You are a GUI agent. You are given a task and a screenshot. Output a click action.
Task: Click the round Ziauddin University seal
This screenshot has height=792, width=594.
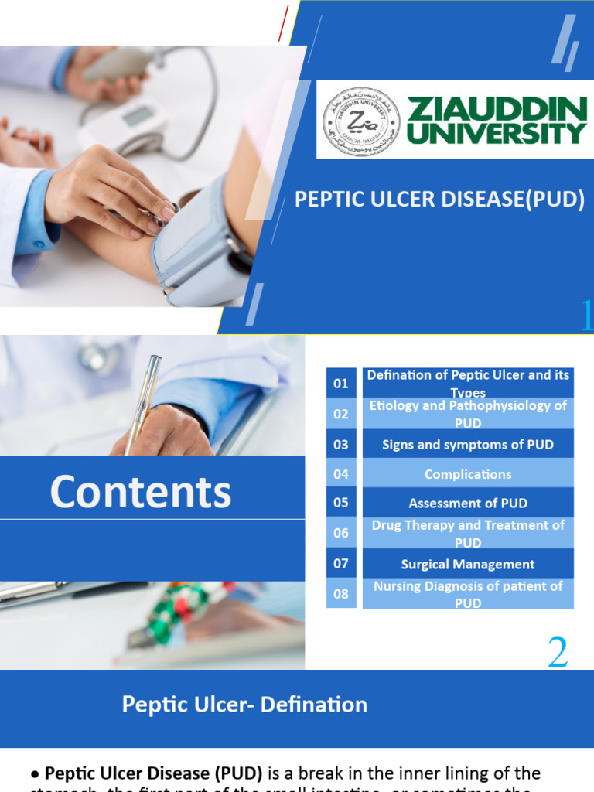pyautogui.click(x=361, y=121)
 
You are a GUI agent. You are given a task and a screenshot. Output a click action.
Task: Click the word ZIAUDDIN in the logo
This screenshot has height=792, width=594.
pyautogui.click(x=497, y=108)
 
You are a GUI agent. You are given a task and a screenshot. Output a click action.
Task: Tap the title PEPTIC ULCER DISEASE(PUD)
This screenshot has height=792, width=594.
pyautogui.click(x=439, y=200)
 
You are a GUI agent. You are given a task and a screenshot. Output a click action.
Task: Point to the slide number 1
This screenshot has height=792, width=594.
pyautogui.click(x=587, y=316)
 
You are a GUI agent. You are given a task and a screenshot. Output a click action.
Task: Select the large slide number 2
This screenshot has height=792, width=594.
pyautogui.click(x=558, y=654)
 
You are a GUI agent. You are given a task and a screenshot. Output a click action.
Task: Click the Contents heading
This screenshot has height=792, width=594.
pyautogui.click(x=141, y=492)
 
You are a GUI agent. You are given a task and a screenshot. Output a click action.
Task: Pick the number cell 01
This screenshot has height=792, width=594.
pyautogui.click(x=341, y=384)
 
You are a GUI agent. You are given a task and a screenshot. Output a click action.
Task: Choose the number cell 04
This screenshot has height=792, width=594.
pyautogui.click(x=341, y=474)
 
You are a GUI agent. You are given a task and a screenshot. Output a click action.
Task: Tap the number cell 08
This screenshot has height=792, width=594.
pyautogui.click(x=341, y=594)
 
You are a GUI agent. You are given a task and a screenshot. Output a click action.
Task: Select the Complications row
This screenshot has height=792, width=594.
pyautogui.click(x=468, y=474)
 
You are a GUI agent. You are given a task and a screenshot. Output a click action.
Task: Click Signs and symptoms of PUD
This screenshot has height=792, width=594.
pyautogui.click(x=468, y=444)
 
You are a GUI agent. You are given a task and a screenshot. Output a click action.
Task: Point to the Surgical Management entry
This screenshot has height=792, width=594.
pyautogui.click(x=468, y=564)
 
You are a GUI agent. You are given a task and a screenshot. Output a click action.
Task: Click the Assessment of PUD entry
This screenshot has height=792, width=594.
pyautogui.click(x=468, y=504)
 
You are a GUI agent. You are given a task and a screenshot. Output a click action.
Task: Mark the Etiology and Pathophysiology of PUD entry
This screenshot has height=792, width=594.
pyautogui.click(x=468, y=414)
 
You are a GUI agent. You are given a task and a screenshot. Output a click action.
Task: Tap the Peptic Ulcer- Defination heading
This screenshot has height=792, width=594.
pyautogui.click(x=244, y=705)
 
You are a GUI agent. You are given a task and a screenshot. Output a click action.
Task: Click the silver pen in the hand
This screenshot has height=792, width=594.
pyautogui.click(x=143, y=402)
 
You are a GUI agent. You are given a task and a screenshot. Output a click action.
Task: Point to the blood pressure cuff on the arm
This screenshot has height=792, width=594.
pyautogui.click(x=197, y=244)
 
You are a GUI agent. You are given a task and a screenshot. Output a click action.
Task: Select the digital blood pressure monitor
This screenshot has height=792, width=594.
pyautogui.click(x=128, y=124)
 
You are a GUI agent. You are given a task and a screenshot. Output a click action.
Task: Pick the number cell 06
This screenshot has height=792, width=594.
pyautogui.click(x=341, y=533)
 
